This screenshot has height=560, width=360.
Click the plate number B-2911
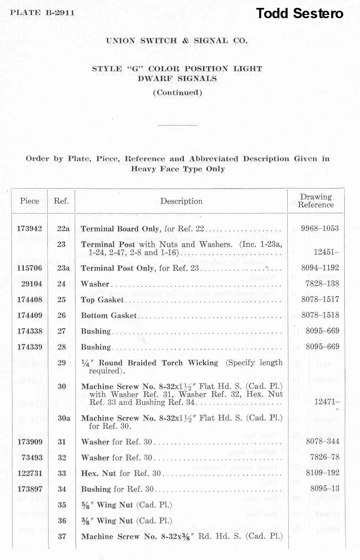click(x=60, y=13)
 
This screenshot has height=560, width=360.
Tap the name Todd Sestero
click(x=299, y=14)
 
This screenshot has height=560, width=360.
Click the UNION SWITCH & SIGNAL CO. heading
click(x=177, y=41)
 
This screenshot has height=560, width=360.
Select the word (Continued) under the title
click(x=178, y=93)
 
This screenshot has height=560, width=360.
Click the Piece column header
click(x=30, y=201)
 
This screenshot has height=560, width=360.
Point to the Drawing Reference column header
click(x=316, y=201)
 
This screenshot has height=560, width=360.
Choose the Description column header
click(x=181, y=201)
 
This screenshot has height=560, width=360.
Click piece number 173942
click(x=30, y=228)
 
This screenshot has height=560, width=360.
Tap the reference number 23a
click(x=63, y=268)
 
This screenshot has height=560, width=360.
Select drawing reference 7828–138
click(x=322, y=284)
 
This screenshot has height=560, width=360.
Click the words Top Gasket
click(x=102, y=300)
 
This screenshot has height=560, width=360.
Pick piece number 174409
click(x=30, y=315)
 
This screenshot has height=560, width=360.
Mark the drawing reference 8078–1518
click(x=320, y=315)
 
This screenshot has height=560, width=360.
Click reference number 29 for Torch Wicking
click(x=62, y=363)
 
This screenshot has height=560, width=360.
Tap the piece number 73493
click(x=32, y=457)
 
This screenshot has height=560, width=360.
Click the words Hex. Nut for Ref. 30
click(x=121, y=473)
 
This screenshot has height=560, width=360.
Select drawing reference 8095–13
click(x=324, y=489)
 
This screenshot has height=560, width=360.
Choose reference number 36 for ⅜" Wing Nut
click(x=62, y=521)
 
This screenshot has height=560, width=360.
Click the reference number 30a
click(x=64, y=418)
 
